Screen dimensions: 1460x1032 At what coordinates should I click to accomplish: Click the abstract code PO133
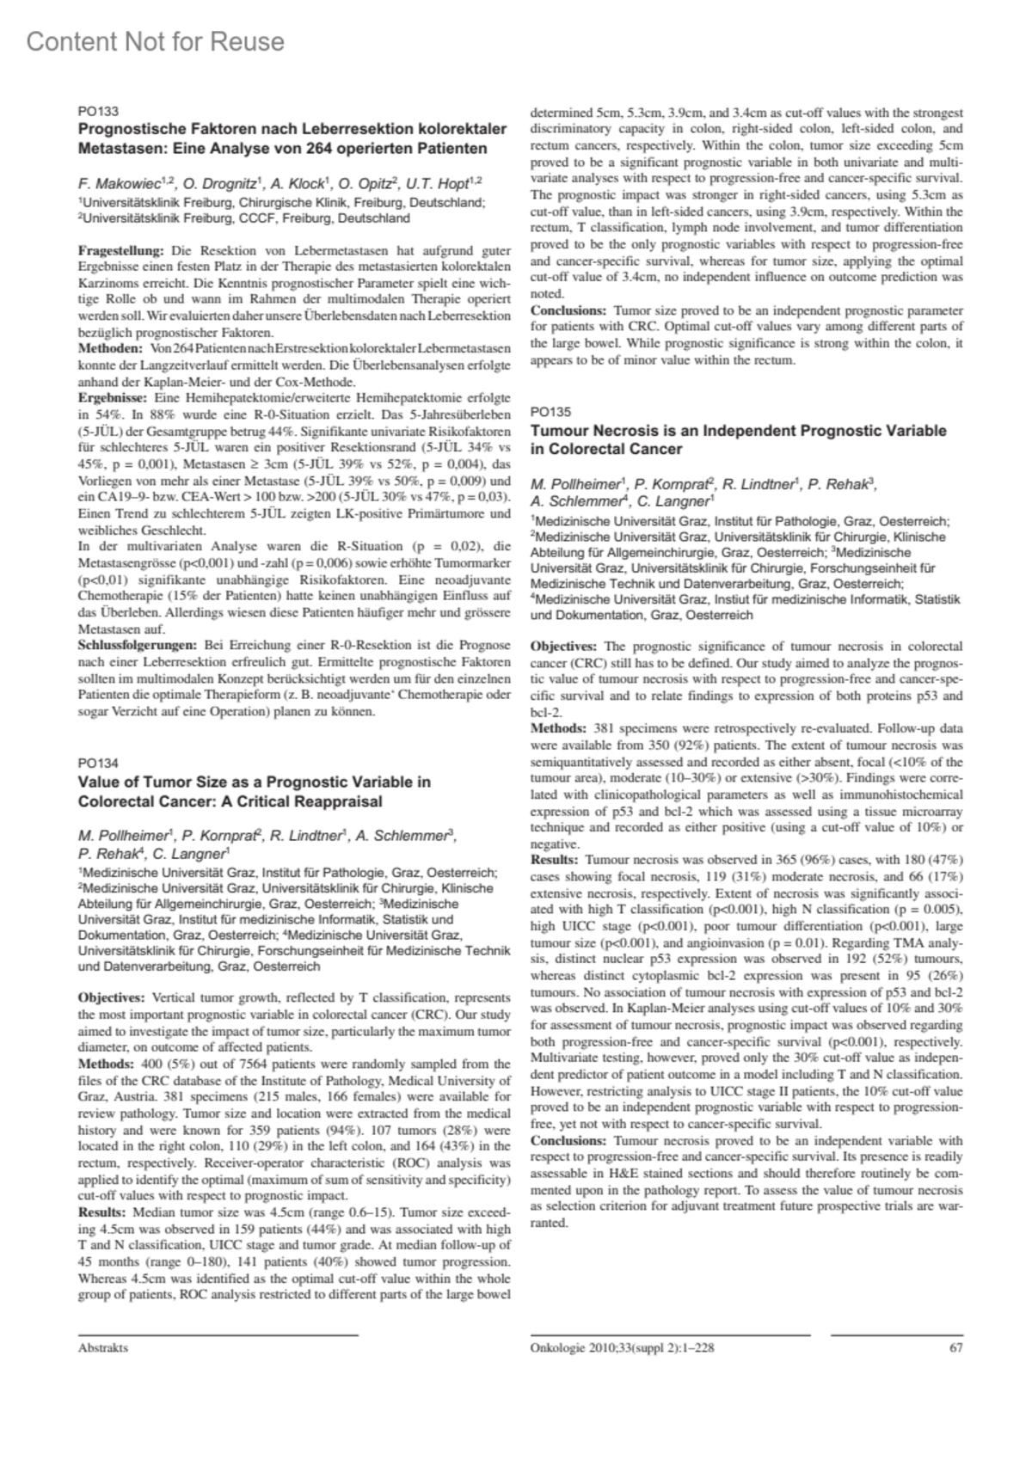97,111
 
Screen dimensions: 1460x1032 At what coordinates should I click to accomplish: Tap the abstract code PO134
97,763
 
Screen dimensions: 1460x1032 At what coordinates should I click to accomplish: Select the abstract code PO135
550,412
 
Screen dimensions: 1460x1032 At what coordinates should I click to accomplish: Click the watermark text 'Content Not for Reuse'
155,41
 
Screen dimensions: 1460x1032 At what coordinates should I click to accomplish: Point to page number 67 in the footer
955,1347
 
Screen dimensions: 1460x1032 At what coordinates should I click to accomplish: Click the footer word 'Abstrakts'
102,1347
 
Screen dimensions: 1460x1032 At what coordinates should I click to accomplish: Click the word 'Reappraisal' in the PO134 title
341,801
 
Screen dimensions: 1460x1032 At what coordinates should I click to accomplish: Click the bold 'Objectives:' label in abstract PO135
563,646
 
